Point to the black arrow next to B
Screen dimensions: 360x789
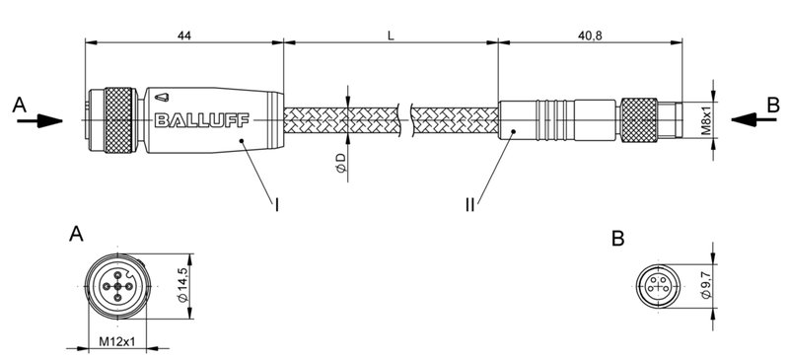point(752,119)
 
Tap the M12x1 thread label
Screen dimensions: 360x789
point(116,342)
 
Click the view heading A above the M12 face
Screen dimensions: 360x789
point(76,235)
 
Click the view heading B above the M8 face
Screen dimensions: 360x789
point(617,239)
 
